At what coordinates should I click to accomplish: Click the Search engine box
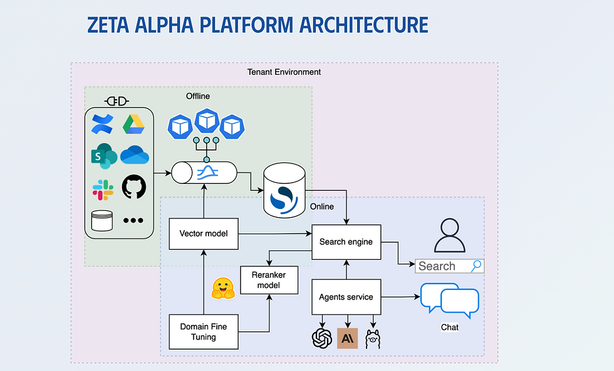click(x=346, y=242)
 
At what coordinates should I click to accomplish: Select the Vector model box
click(x=203, y=234)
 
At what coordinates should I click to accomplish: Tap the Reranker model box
click(x=269, y=280)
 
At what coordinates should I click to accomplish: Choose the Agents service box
click(x=346, y=297)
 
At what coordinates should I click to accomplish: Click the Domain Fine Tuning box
click(x=203, y=331)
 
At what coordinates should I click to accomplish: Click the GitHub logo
click(x=133, y=187)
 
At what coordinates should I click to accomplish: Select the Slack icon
click(x=103, y=189)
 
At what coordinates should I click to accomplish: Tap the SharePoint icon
click(x=103, y=156)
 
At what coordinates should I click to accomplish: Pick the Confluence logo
click(x=102, y=124)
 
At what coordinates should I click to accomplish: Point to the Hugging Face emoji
click(x=222, y=288)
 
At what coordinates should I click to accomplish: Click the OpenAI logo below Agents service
click(x=321, y=338)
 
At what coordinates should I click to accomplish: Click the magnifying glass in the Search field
click(x=476, y=266)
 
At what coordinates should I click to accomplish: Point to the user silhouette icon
click(x=449, y=236)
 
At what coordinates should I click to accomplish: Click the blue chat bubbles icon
click(x=449, y=299)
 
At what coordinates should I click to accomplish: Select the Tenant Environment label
click(x=284, y=72)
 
